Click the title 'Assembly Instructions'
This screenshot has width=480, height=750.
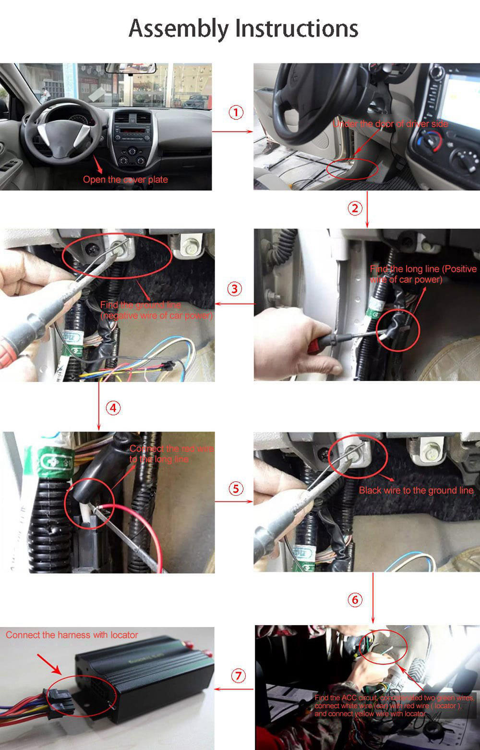point(243,28)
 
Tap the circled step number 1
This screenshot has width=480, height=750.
point(236,112)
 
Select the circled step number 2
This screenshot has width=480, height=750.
point(355,208)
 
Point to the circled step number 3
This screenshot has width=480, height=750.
point(234,289)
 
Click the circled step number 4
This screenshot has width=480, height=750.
point(113,408)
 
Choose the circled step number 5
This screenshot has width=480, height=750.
point(236,489)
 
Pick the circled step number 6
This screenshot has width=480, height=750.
point(355,600)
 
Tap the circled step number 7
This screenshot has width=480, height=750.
point(238,676)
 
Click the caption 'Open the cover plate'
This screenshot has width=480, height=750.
point(125,180)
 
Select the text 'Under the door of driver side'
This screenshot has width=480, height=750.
point(390,124)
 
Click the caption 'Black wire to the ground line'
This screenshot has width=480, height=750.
point(416,491)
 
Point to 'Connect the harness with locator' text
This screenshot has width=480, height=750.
point(72,635)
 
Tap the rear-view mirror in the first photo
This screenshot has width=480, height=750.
point(131,68)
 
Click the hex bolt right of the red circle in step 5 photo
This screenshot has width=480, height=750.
point(428,450)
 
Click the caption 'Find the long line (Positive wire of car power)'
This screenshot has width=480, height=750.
point(423,274)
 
